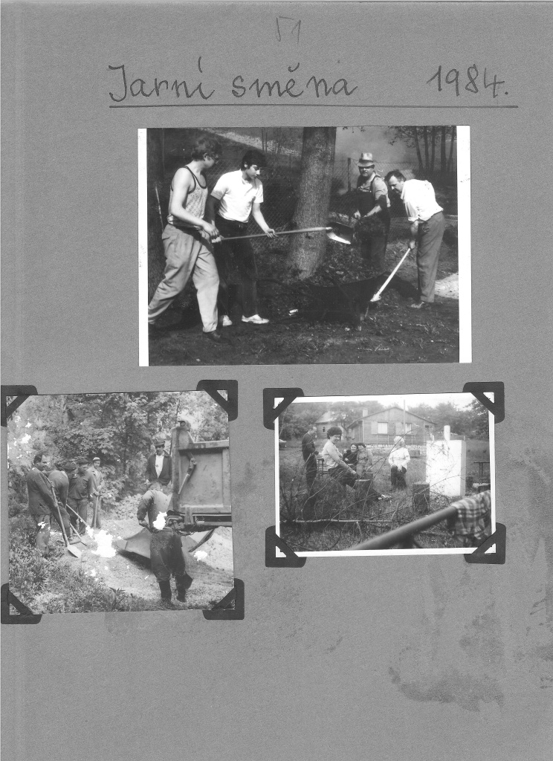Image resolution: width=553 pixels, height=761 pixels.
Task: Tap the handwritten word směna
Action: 294,83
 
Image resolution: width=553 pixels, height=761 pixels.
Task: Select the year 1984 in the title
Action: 467,80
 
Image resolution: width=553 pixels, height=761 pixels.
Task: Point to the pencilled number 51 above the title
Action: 288,29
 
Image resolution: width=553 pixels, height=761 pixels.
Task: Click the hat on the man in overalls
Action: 366,159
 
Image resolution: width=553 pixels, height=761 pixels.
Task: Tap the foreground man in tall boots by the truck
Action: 165,543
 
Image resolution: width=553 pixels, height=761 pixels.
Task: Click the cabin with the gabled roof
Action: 391,424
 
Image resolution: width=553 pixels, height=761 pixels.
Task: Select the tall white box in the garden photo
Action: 446,467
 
